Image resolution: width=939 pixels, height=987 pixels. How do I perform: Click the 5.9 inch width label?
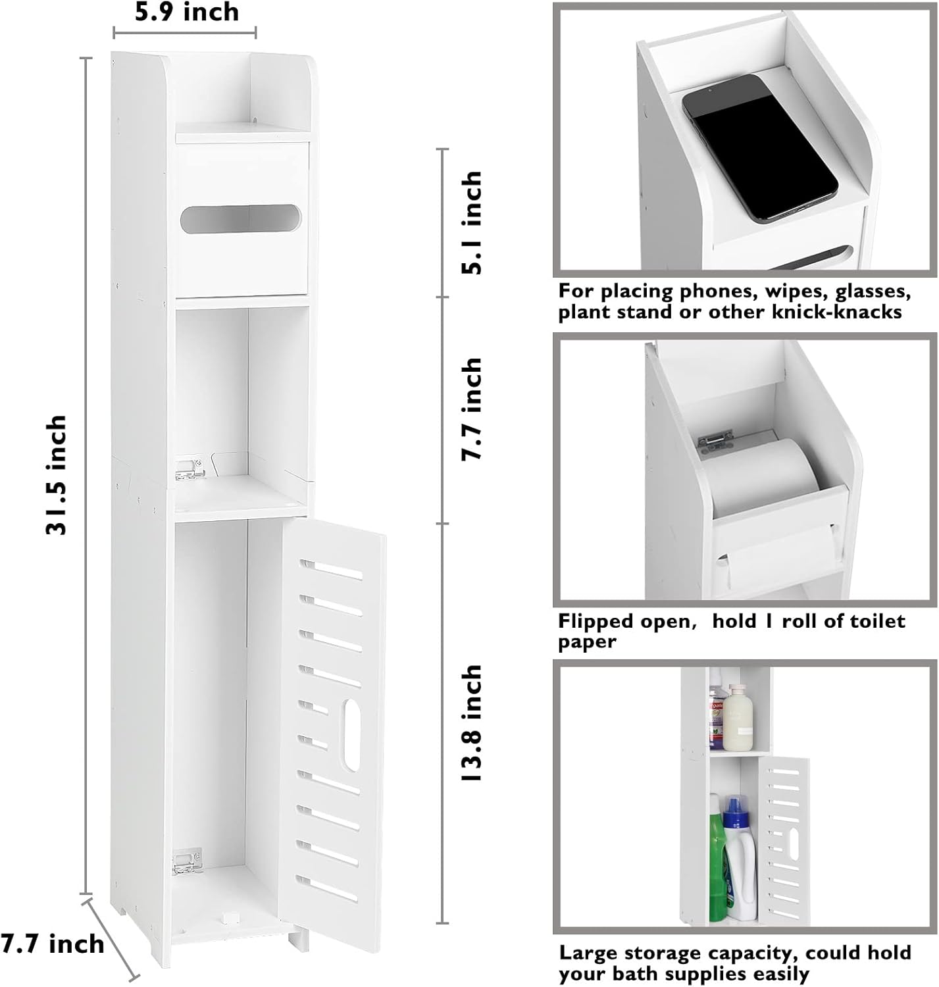coord(187,12)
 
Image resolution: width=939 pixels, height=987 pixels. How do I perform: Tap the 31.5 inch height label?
coord(56,476)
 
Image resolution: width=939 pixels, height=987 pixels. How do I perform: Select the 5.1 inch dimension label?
coord(472,222)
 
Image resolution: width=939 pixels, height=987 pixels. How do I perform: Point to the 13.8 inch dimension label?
coord(472,723)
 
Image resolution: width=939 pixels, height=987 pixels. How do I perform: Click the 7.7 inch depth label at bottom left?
coord(52,944)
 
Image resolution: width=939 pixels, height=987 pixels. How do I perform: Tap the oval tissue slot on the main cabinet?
coord(240,219)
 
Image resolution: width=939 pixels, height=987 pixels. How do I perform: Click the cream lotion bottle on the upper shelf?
coord(738,717)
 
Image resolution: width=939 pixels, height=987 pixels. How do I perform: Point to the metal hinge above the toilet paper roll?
coord(715,439)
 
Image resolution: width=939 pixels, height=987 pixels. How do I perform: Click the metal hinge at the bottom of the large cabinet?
coord(187,861)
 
